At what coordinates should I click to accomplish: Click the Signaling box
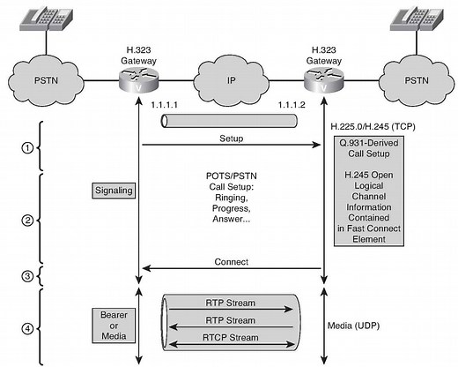112,190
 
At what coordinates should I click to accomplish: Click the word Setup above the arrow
232,139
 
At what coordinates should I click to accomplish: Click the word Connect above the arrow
232,262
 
